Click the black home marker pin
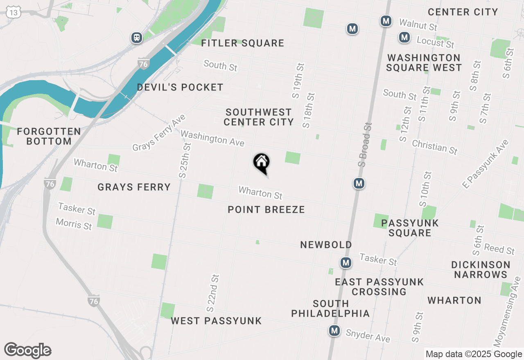[x=261, y=162]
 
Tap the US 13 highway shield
[x=14, y=12]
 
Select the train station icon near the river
[x=137, y=38]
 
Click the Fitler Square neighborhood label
[x=243, y=43]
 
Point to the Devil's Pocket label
[x=180, y=87]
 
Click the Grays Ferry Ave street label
[x=159, y=133]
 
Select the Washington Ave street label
[x=212, y=138]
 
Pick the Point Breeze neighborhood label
[x=267, y=210]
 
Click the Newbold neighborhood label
[x=326, y=245]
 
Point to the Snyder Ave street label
[x=368, y=336]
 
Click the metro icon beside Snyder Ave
[x=335, y=331]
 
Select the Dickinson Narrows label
[x=481, y=269]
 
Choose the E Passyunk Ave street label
[x=486, y=164]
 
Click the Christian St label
[x=435, y=147]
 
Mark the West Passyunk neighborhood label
[x=216, y=321]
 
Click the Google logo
[x=28, y=351]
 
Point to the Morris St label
[x=74, y=224]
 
